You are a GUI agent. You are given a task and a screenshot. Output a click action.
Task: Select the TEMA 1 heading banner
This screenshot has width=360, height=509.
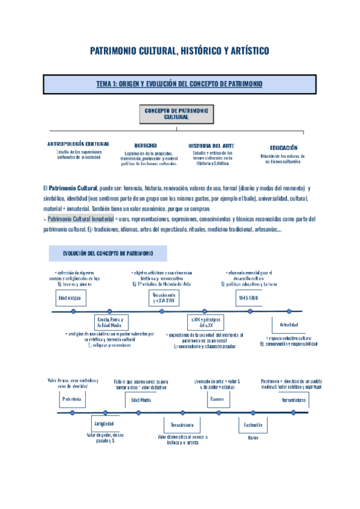pyautogui.click(x=180, y=85)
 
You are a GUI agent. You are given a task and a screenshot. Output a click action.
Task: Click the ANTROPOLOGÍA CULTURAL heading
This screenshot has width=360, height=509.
pyautogui.click(x=78, y=145)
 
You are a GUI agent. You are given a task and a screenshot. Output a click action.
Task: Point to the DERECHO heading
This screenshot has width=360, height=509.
pyautogui.click(x=146, y=145)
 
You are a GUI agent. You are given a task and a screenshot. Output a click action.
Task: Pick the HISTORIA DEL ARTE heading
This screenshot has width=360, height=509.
pyautogui.click(x=211, y=145)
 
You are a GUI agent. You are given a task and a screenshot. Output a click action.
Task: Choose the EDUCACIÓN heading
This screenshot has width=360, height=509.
pyautogui.click(x=284, y=147)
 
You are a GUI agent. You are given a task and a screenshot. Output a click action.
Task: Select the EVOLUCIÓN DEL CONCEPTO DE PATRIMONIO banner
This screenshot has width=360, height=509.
pyautogui.click(x=108, y=253)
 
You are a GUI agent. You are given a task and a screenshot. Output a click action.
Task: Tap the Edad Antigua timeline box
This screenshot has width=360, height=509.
pyautogui.click(x=69, y=298)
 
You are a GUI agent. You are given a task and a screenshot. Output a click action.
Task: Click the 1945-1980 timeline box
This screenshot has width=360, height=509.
pyautogui.click(x=248, y=298)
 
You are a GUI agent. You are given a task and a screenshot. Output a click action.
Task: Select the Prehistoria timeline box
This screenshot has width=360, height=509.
pyautogui.click(x=71, y=399)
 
